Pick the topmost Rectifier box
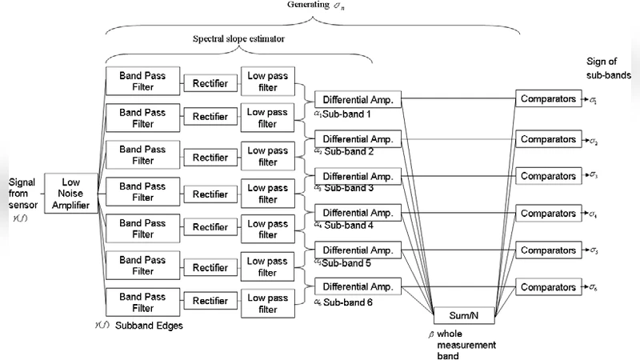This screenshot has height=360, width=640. tap(210, 83)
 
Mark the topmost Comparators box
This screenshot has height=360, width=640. tap(547, 100)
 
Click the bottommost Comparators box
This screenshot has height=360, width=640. tap(547, 286)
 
